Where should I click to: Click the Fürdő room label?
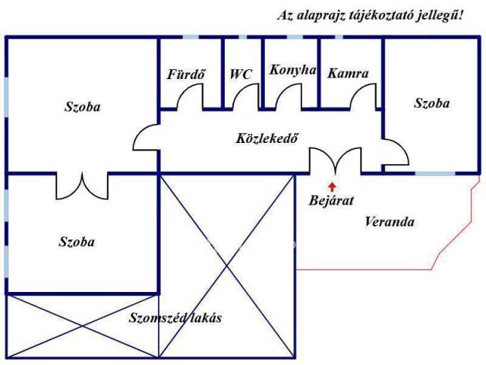tap(187, 75)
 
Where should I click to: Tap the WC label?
tap(241, 75)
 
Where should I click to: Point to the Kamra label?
tap(348, 75)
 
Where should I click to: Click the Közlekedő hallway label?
tap(266, 138)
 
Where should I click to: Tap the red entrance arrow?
tap(331, 185)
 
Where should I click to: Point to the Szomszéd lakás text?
tap(175, 318)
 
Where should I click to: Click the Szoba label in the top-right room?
tap(431, 103)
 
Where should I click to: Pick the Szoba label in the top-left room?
tap(82, 107)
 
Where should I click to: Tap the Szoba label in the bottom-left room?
tap(77, 242)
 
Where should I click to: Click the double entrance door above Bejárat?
tap(335, 161)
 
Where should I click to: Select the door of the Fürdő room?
tap(189, 97)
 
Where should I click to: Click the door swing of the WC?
tap(246, 97)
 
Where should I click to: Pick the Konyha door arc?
tap(289, 97)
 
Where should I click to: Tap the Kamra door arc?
tap(364, 97)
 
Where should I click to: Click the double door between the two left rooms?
tap(82, 185)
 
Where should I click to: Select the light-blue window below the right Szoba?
tap(435, 173)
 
